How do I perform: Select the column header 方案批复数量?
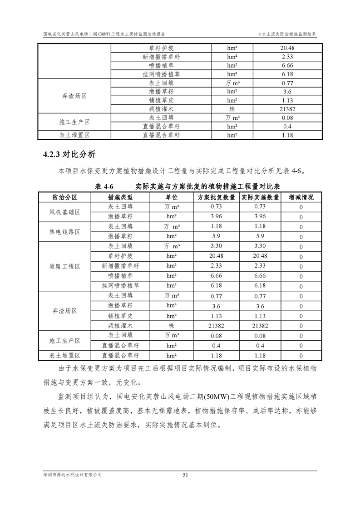click(x=217, y=197)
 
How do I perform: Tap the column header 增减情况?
click(x=301, y=197)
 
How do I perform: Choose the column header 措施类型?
click(x=120, y=197)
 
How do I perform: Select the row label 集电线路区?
click(x=65, y=231)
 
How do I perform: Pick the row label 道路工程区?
click(x=65, y=266)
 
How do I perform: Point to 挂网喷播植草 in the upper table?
click(x=161, y=74)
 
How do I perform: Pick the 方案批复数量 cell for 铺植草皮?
click(x=217, y=316)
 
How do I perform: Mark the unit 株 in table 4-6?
click(x=172, y=326)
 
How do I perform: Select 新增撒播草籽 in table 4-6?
click(x=120, y=266)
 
